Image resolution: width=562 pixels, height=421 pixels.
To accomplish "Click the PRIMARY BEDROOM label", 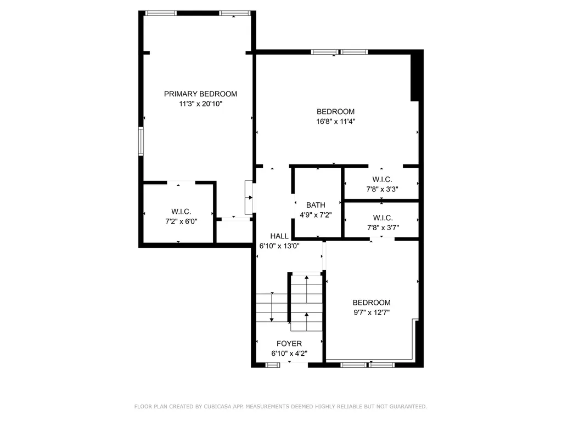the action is (x=200, y=94).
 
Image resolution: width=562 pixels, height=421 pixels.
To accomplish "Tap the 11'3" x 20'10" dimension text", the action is (x=201, y=104).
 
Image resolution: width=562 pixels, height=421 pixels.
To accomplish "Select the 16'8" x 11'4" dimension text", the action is (x=335, y=121).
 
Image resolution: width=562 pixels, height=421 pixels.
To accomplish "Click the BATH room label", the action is (x=316, y=205).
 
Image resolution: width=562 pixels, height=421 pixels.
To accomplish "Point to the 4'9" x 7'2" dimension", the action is (x=316, y=215).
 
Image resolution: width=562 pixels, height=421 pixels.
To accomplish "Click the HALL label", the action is (x=279, y=236).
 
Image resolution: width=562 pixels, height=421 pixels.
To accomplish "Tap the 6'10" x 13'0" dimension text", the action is (x=279, y=246).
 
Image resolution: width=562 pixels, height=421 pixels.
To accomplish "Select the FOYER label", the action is (x=289, y=344).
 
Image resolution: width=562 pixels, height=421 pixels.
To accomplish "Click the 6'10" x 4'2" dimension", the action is (x=289, y=354).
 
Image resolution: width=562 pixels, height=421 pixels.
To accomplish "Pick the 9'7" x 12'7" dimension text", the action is (x=372, y=312).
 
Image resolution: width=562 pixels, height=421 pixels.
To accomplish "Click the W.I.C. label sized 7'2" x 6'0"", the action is (x=181, y=212).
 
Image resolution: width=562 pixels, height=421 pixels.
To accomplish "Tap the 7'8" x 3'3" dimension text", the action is (x=382, y=189).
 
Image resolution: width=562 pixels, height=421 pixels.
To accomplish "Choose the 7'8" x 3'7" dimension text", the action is (x=383, y=227).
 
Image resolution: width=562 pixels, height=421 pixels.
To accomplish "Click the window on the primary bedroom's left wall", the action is (x=141, y=141).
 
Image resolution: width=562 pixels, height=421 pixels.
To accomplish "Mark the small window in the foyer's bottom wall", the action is (x=273, y=365).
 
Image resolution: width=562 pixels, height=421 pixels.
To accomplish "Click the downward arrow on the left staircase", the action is (x=272, y=307).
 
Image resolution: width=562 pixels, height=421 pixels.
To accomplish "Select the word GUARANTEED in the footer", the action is (x=408, y=407).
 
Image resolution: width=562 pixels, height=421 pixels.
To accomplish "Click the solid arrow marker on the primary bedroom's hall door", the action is (x=250, y=197).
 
